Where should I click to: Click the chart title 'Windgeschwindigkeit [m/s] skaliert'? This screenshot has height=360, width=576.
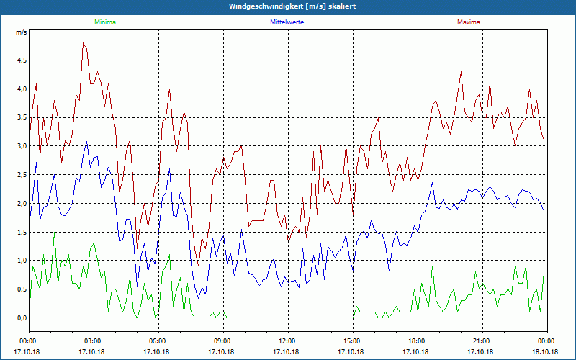(x=287, y=6)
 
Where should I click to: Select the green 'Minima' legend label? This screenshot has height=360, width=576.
(x=104, y=22)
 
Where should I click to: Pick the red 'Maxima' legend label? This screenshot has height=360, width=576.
(x=469, y=22)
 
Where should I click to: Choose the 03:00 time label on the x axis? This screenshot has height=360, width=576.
(x=93, y=341)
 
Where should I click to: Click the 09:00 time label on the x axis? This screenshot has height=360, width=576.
(x=222, y=341)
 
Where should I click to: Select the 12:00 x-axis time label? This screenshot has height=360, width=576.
(x=287, y=341)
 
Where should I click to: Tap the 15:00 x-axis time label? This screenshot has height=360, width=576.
(x=352, y=341)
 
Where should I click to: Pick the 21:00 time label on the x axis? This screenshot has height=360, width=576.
(x=482, y=341)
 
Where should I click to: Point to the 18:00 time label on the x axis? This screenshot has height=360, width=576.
(x=417, y=341)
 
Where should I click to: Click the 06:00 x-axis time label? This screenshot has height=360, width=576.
(x=158, y=341)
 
